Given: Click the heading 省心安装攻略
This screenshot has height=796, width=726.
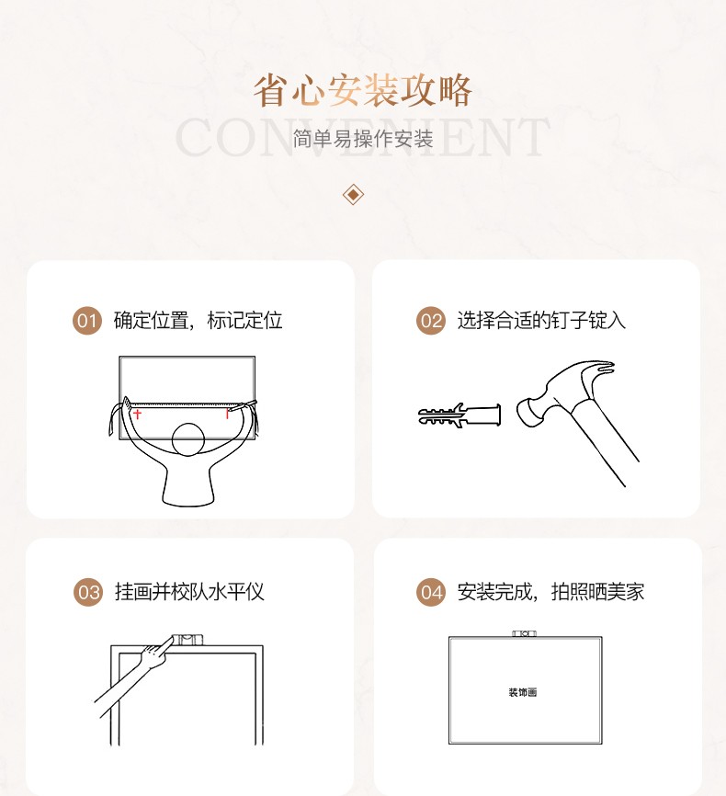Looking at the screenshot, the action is tap(363, 91).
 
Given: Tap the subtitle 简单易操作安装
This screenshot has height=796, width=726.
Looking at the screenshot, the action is tap(363, 139).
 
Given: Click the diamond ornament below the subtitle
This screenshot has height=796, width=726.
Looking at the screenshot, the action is tap(354, 195).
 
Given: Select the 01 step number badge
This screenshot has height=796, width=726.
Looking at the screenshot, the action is tap(87, 321).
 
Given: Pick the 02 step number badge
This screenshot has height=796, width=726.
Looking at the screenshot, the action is tap(431, 321).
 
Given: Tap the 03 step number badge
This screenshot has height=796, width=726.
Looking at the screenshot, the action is tap(88, 593).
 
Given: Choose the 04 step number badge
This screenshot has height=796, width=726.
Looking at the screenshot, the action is tap(431, 593).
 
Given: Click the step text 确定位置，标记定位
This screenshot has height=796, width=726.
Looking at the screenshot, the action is tap(198, 321).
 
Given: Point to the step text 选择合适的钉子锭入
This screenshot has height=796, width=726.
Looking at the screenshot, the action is tap(541, 321).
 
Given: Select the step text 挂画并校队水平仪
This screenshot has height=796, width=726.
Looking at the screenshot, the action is tap(190, 592).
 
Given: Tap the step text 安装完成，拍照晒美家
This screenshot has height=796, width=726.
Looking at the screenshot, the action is tap(550, 592).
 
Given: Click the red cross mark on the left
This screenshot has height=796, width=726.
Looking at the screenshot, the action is tap(137, 415).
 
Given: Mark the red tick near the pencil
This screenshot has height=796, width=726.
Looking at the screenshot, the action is tap(227, 414).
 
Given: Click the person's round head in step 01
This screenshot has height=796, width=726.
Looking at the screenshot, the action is tap(188, 439).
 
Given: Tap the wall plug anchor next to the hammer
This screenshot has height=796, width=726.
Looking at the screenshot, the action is tap(459, 415).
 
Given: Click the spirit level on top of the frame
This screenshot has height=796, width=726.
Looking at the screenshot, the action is tap(187, 640).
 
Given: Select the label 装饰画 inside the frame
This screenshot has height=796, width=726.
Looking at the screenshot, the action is tap(523, 692).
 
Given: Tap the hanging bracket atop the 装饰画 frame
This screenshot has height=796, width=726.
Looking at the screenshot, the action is tap(525, 633).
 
